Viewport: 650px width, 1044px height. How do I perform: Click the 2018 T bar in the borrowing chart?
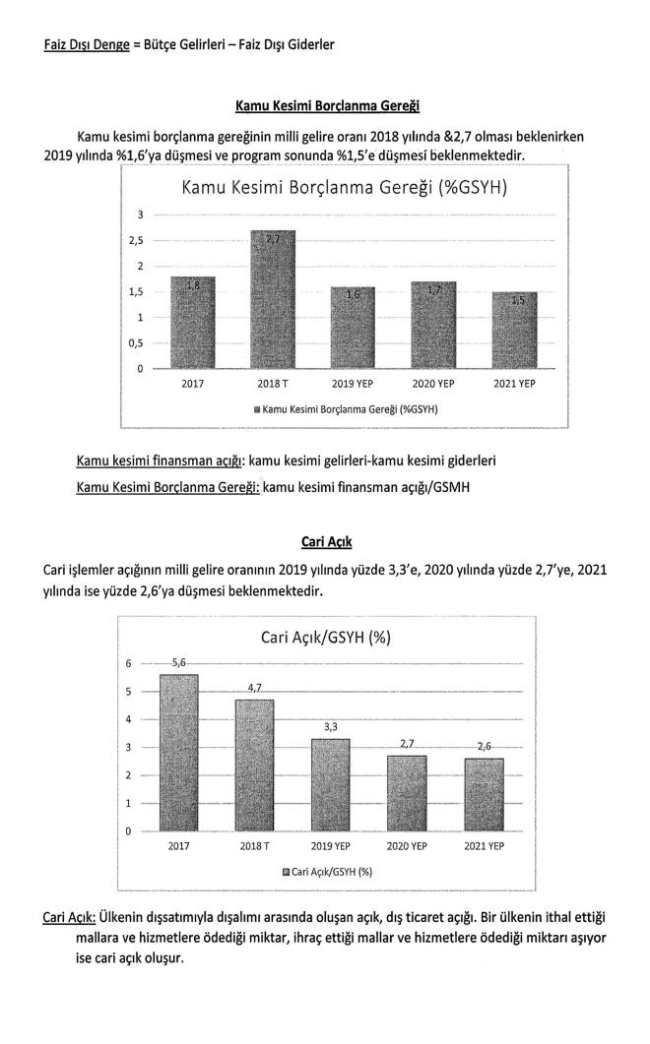271,300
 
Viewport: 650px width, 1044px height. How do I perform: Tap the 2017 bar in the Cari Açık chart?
179,753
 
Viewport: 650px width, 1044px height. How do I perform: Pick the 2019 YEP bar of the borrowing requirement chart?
352,329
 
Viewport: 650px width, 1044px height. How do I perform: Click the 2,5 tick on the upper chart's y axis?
142,241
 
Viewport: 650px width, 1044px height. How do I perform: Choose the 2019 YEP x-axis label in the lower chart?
331,846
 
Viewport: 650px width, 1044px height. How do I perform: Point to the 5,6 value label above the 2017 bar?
180,663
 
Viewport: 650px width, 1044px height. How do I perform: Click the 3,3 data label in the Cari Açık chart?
331,727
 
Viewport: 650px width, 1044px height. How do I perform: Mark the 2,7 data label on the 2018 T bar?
272,240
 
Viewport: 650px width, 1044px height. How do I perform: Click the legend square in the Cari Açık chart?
286,872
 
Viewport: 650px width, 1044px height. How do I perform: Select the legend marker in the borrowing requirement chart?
256,408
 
